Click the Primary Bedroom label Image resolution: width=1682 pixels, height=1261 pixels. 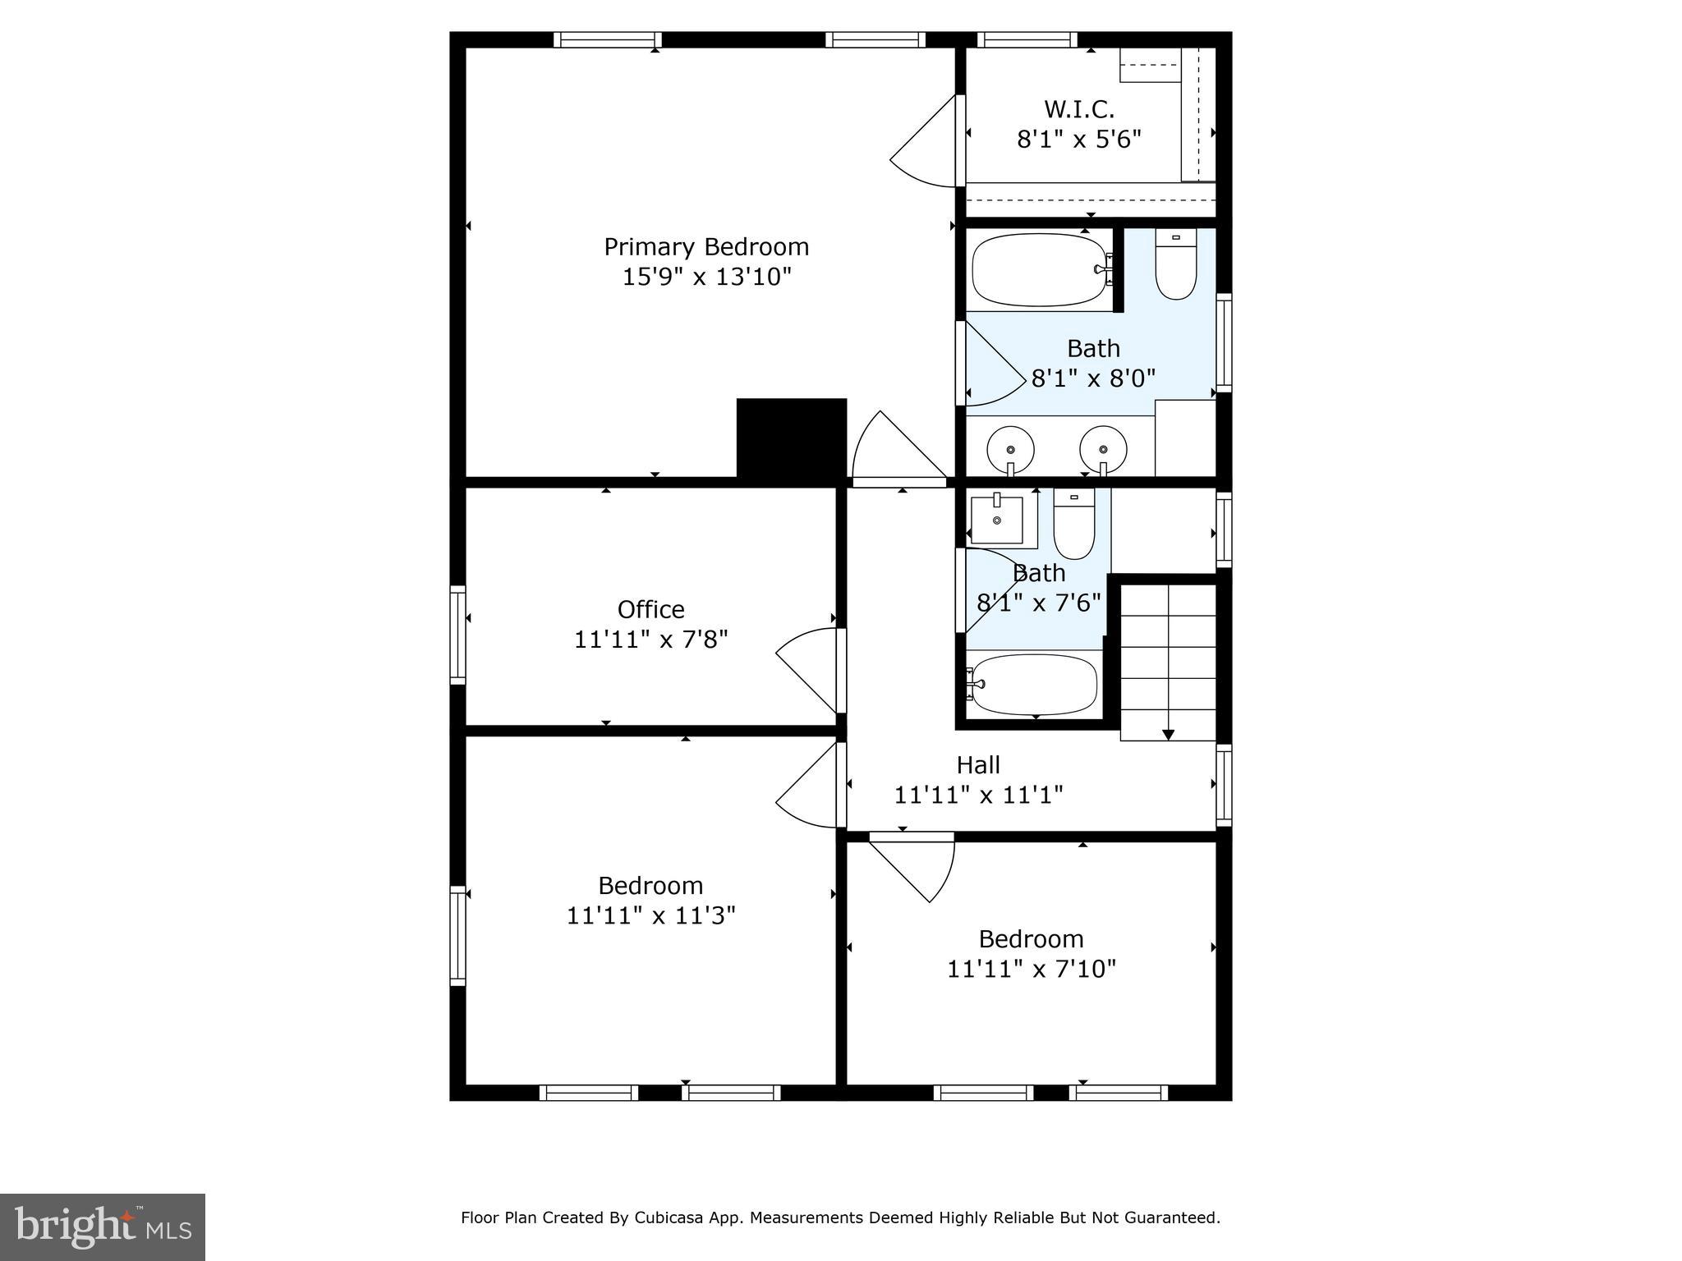[706, 247]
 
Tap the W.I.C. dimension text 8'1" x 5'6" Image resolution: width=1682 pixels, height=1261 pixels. [1079, 140]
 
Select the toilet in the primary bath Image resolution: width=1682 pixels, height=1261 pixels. [1175, 265]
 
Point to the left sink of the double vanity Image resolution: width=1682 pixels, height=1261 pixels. [1009, 449]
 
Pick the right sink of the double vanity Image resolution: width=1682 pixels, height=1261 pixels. [1103, 449]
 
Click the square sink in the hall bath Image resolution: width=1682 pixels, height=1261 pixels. [997, 520]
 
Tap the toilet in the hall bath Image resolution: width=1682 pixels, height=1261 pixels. [1074, 526]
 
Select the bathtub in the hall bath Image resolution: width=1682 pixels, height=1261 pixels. [1033, 684]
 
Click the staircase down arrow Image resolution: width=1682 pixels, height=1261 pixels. [1168, 733]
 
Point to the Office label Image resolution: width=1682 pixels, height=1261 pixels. [650, 610]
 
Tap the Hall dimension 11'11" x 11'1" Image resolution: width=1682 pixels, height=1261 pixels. [978, 795]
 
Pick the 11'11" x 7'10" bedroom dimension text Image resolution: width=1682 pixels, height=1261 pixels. [1032, 970]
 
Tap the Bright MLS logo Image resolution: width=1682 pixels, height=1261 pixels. [103, 1227]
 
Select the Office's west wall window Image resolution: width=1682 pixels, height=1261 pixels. [457, 635]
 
